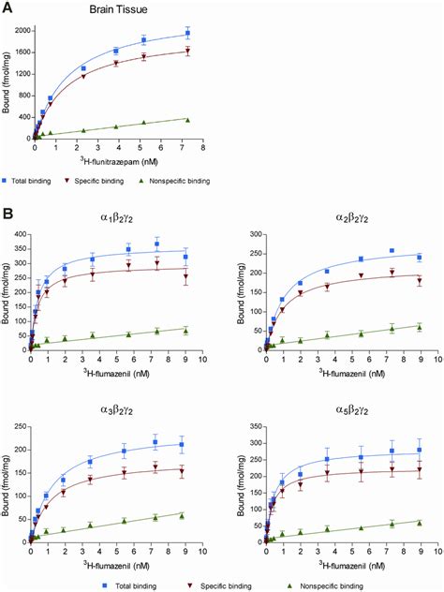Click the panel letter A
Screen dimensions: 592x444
pyautogui.click(x=8, y=7)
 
